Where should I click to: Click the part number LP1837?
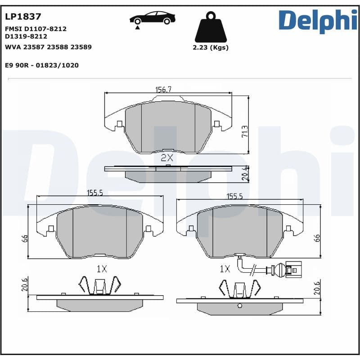[x=23, y=17]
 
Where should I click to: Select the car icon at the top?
[x=152, y=19]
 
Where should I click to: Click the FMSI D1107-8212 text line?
[x=36, y=29]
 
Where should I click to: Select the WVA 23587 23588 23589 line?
[x=48, y=47]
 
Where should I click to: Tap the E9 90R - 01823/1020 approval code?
[x=42, y=65]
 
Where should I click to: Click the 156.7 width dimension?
[x=163, y=90]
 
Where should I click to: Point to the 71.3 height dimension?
[x=244, y=131]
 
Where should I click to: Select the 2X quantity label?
[x=167, y=157]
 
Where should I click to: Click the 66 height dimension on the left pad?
[x=25, y=238]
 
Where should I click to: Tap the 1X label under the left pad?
[x=102, y=269]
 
